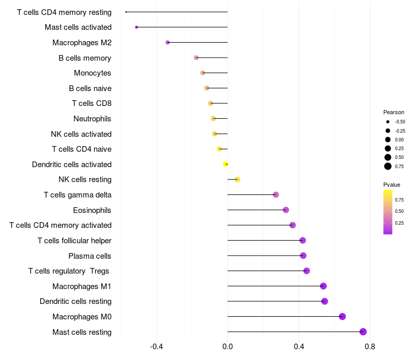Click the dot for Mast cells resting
[363, 332]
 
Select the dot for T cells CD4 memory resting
[126, 12]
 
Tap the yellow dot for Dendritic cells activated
[226, 164]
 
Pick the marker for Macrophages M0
[342, 316]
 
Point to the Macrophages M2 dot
[167, 43]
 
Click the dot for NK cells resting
[237, 179]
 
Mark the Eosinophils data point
[286, 210]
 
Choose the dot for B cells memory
[196, 58]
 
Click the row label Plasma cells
[89, 256]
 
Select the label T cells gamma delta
[78, 195]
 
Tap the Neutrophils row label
[92, 119]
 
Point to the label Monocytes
[92, 73]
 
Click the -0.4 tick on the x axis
[156, 347]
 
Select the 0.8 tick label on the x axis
[370, 347]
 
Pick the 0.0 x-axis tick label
[228, 347]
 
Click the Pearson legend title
[394, 112]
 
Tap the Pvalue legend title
[391, 185]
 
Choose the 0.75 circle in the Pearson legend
[388, 166]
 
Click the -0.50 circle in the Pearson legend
[388, 122]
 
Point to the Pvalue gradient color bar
[388, 212]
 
